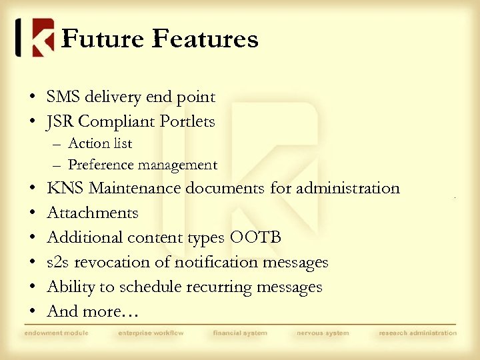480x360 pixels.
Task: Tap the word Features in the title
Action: point(205,39)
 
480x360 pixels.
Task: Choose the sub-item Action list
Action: point(100,143)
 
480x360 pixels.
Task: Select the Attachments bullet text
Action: point(93,213)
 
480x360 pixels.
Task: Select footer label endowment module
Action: point(56,333)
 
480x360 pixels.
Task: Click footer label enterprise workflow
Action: point(151,333)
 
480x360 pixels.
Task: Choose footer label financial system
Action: point(240,333)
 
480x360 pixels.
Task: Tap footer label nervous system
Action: point(323,333)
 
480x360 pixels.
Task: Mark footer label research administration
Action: point(418,333)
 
